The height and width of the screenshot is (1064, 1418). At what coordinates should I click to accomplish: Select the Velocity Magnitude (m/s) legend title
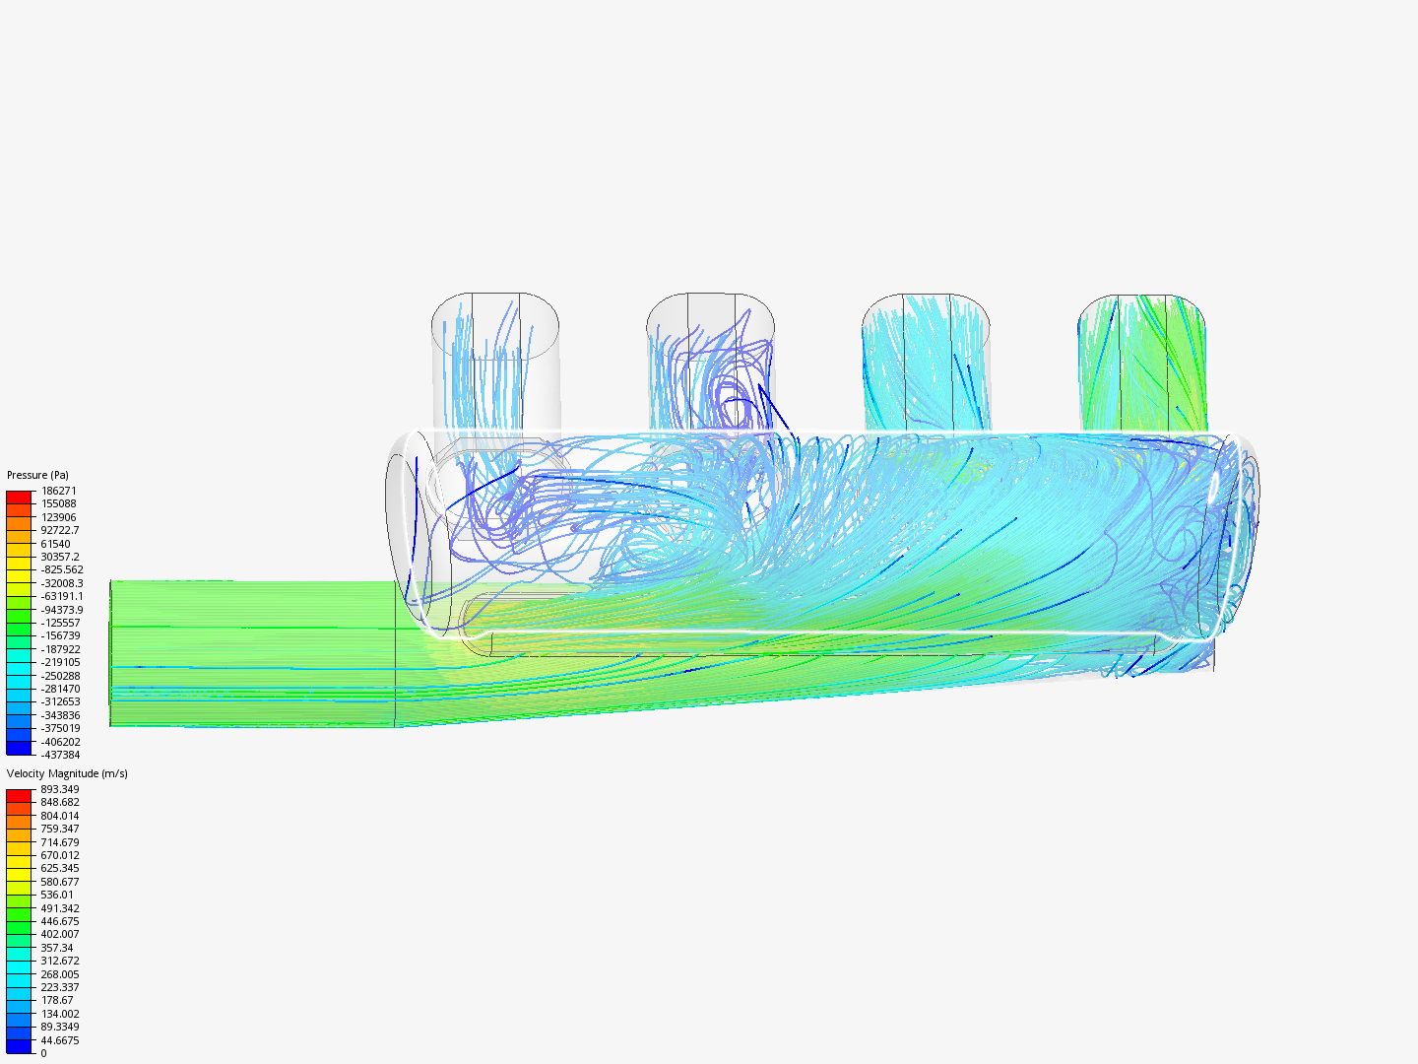67,773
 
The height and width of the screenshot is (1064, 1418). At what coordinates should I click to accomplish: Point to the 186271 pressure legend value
58,491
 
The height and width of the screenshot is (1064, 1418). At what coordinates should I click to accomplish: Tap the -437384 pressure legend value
60,755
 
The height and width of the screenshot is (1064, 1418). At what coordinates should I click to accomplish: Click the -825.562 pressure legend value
62,569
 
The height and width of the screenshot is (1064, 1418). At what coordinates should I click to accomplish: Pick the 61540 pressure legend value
55,543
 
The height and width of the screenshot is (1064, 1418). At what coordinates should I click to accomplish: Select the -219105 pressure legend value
60,662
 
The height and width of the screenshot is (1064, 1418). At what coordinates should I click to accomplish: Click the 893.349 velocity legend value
60,789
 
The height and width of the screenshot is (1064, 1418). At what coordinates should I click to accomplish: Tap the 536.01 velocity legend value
57,895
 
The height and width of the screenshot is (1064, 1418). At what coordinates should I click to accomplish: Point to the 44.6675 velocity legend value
60,1040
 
